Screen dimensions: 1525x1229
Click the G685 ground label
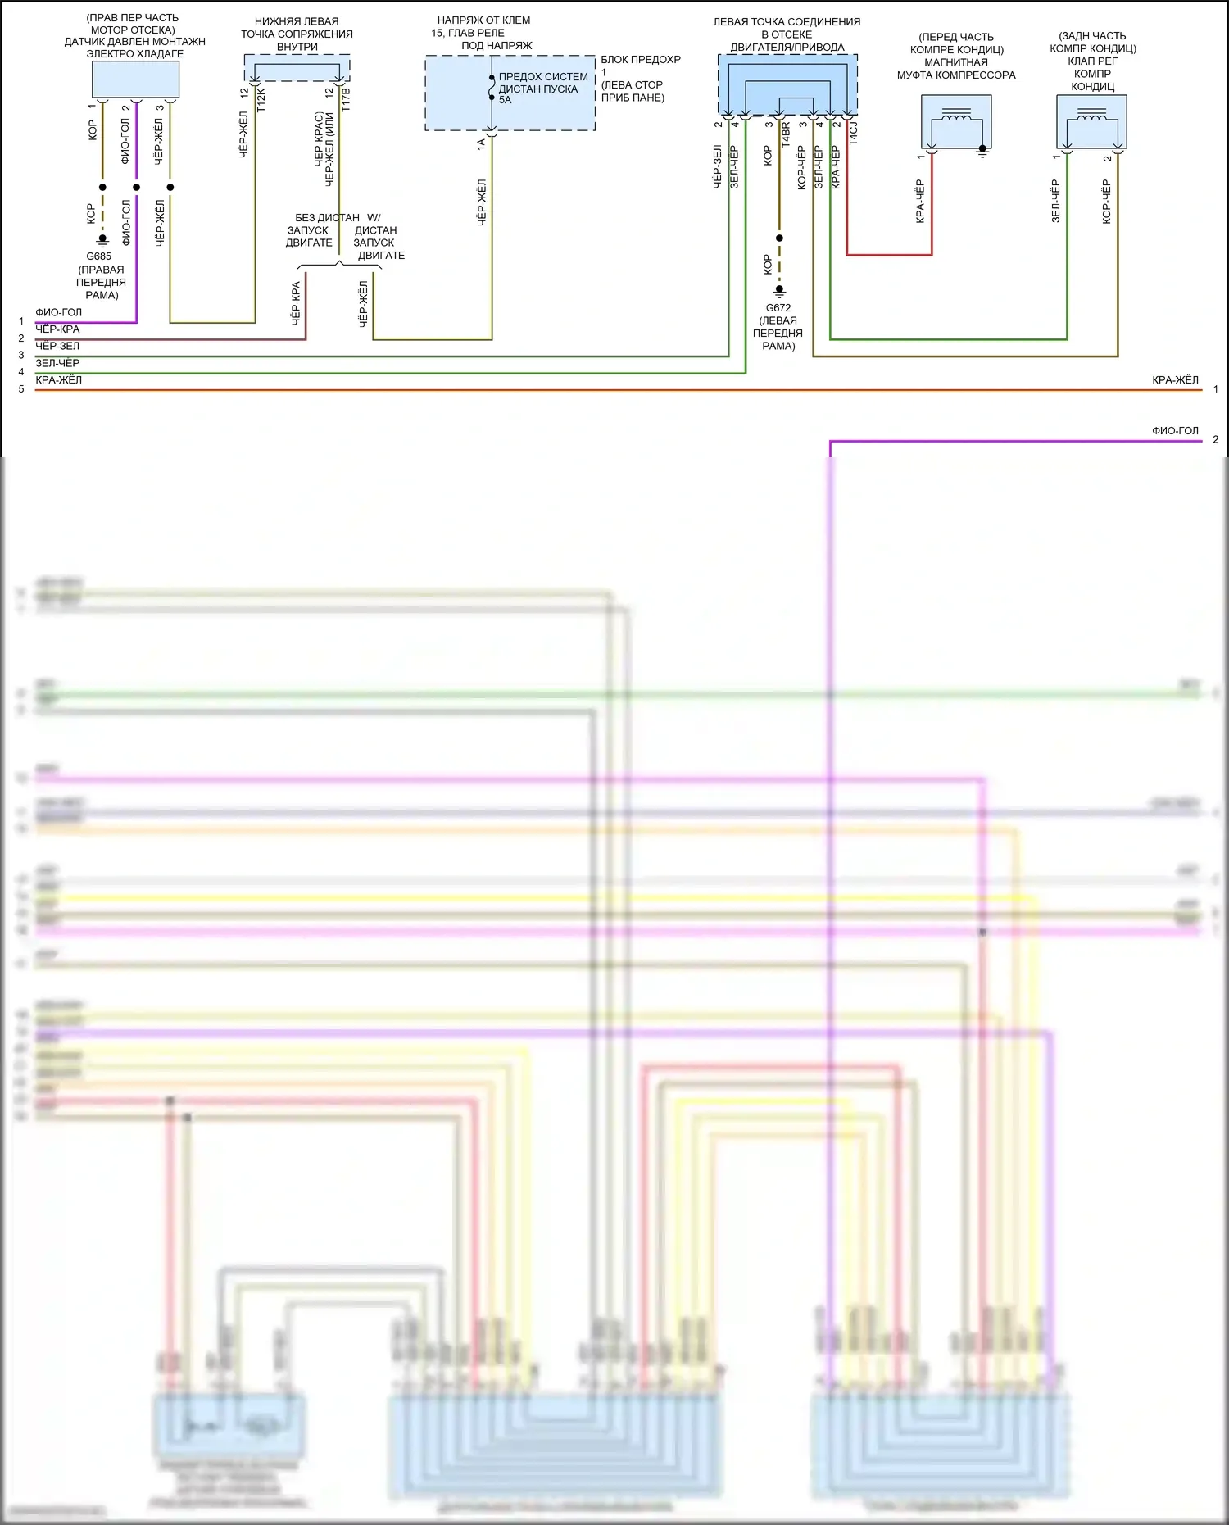pos(98,256)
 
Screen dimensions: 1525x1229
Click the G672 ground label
pos(778,308)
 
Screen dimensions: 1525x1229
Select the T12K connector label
pos(261,100)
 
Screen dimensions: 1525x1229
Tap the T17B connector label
pos(346,99)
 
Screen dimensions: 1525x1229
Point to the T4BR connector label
pos(786,134)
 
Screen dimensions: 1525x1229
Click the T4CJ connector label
pos(853,134)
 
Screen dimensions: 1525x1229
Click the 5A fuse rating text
pos(505,100)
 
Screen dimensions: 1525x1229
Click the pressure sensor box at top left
pos(135,79)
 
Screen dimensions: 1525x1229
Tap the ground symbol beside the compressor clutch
pos(982,151)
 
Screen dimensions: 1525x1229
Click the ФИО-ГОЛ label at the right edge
pos(1175,430)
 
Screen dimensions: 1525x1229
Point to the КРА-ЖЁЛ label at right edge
pos(1175,380)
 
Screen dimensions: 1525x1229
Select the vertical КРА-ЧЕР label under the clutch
pos(920,201)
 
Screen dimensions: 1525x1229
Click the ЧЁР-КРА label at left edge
pos(57,329)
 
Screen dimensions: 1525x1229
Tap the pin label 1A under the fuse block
pos(482,143)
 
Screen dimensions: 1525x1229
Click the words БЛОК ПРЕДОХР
pos(640,60)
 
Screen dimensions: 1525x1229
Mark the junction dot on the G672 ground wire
pos(779,238)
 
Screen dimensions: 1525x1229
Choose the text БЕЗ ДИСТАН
pos(327,218)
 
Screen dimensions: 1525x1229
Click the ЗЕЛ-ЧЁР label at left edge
pos(57,362)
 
